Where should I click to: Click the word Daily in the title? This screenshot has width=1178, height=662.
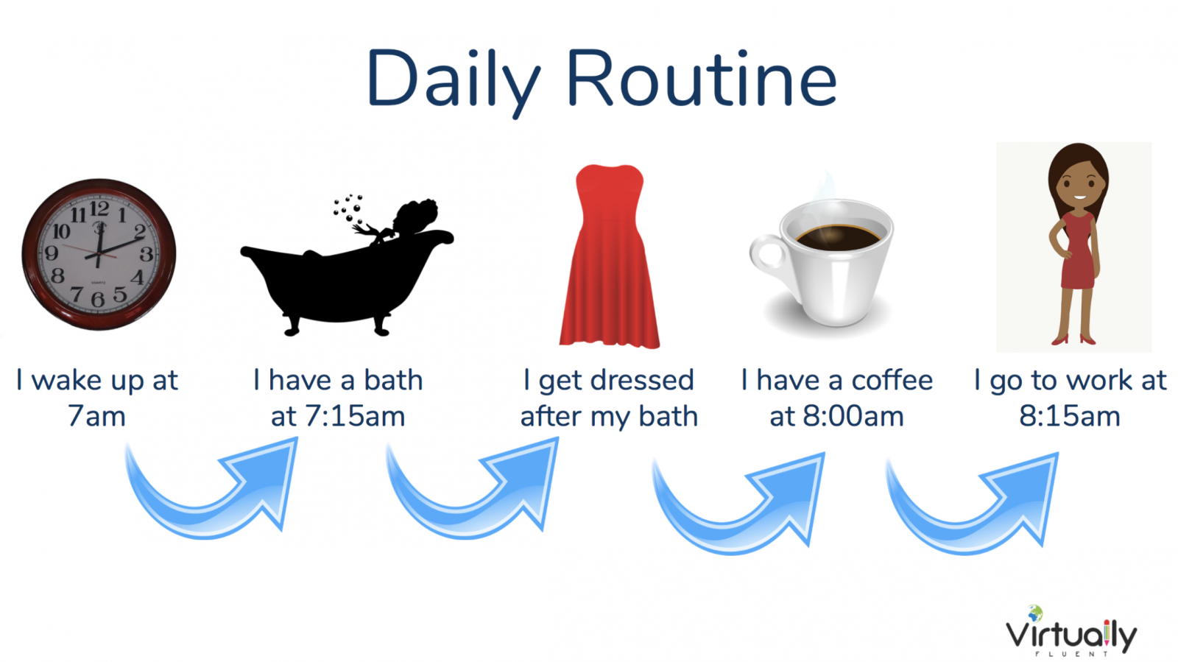coord(454,82)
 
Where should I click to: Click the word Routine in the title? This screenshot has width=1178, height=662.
coord(702,78)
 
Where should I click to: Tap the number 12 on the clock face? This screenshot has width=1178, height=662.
coord(99,209)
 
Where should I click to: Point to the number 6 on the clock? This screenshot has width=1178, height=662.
coord(98,299)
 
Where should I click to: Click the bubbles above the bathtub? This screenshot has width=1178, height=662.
coord(348,208)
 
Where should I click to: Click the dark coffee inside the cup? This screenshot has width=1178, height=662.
coord(838,238)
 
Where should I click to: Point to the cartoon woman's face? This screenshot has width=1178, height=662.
coord(1079,184)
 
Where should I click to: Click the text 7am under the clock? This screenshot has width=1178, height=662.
coord(96,417)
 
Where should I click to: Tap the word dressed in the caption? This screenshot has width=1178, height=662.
coord(642,380)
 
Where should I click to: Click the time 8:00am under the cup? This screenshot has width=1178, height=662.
coord(853,417)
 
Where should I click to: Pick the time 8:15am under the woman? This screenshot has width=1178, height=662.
coord(1070,417)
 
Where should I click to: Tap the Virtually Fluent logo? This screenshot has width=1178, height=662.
coord(1071,631)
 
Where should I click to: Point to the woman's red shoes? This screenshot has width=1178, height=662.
coord(1073,339)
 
